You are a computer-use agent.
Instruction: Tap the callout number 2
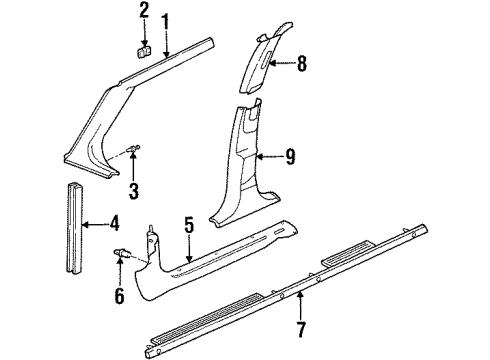(144, 11)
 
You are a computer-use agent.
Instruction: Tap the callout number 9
(291, 156)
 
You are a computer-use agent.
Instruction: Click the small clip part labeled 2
(143, 50)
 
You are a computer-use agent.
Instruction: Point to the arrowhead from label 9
(257, 156)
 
